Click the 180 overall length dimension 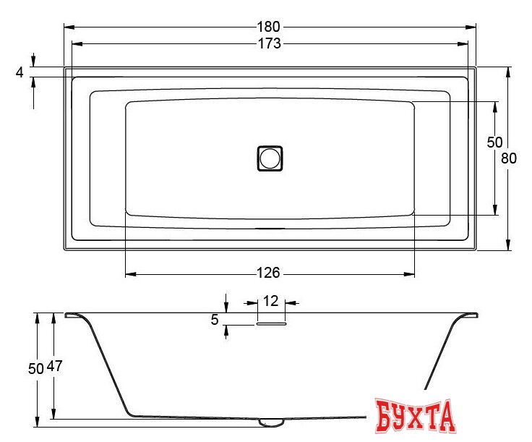pyautogui.click(x=270, y=27)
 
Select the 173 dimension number pyautogui.click(x=269, y=43)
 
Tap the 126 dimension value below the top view pyautogui.click(x=267, y=273)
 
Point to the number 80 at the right pyautogui.click(x=509, y=158)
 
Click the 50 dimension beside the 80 pyautogui.click(x=494, y=143)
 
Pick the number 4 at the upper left pyautogui.click(x=20, y=72)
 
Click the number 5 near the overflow pyautogui.click(x=214, y=319)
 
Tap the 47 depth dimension pyautogui.click(x=55, y=367)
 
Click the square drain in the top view pyautogui.click(x=270, y=158)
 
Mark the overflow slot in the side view pyautogui.click(x=270, y=325)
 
